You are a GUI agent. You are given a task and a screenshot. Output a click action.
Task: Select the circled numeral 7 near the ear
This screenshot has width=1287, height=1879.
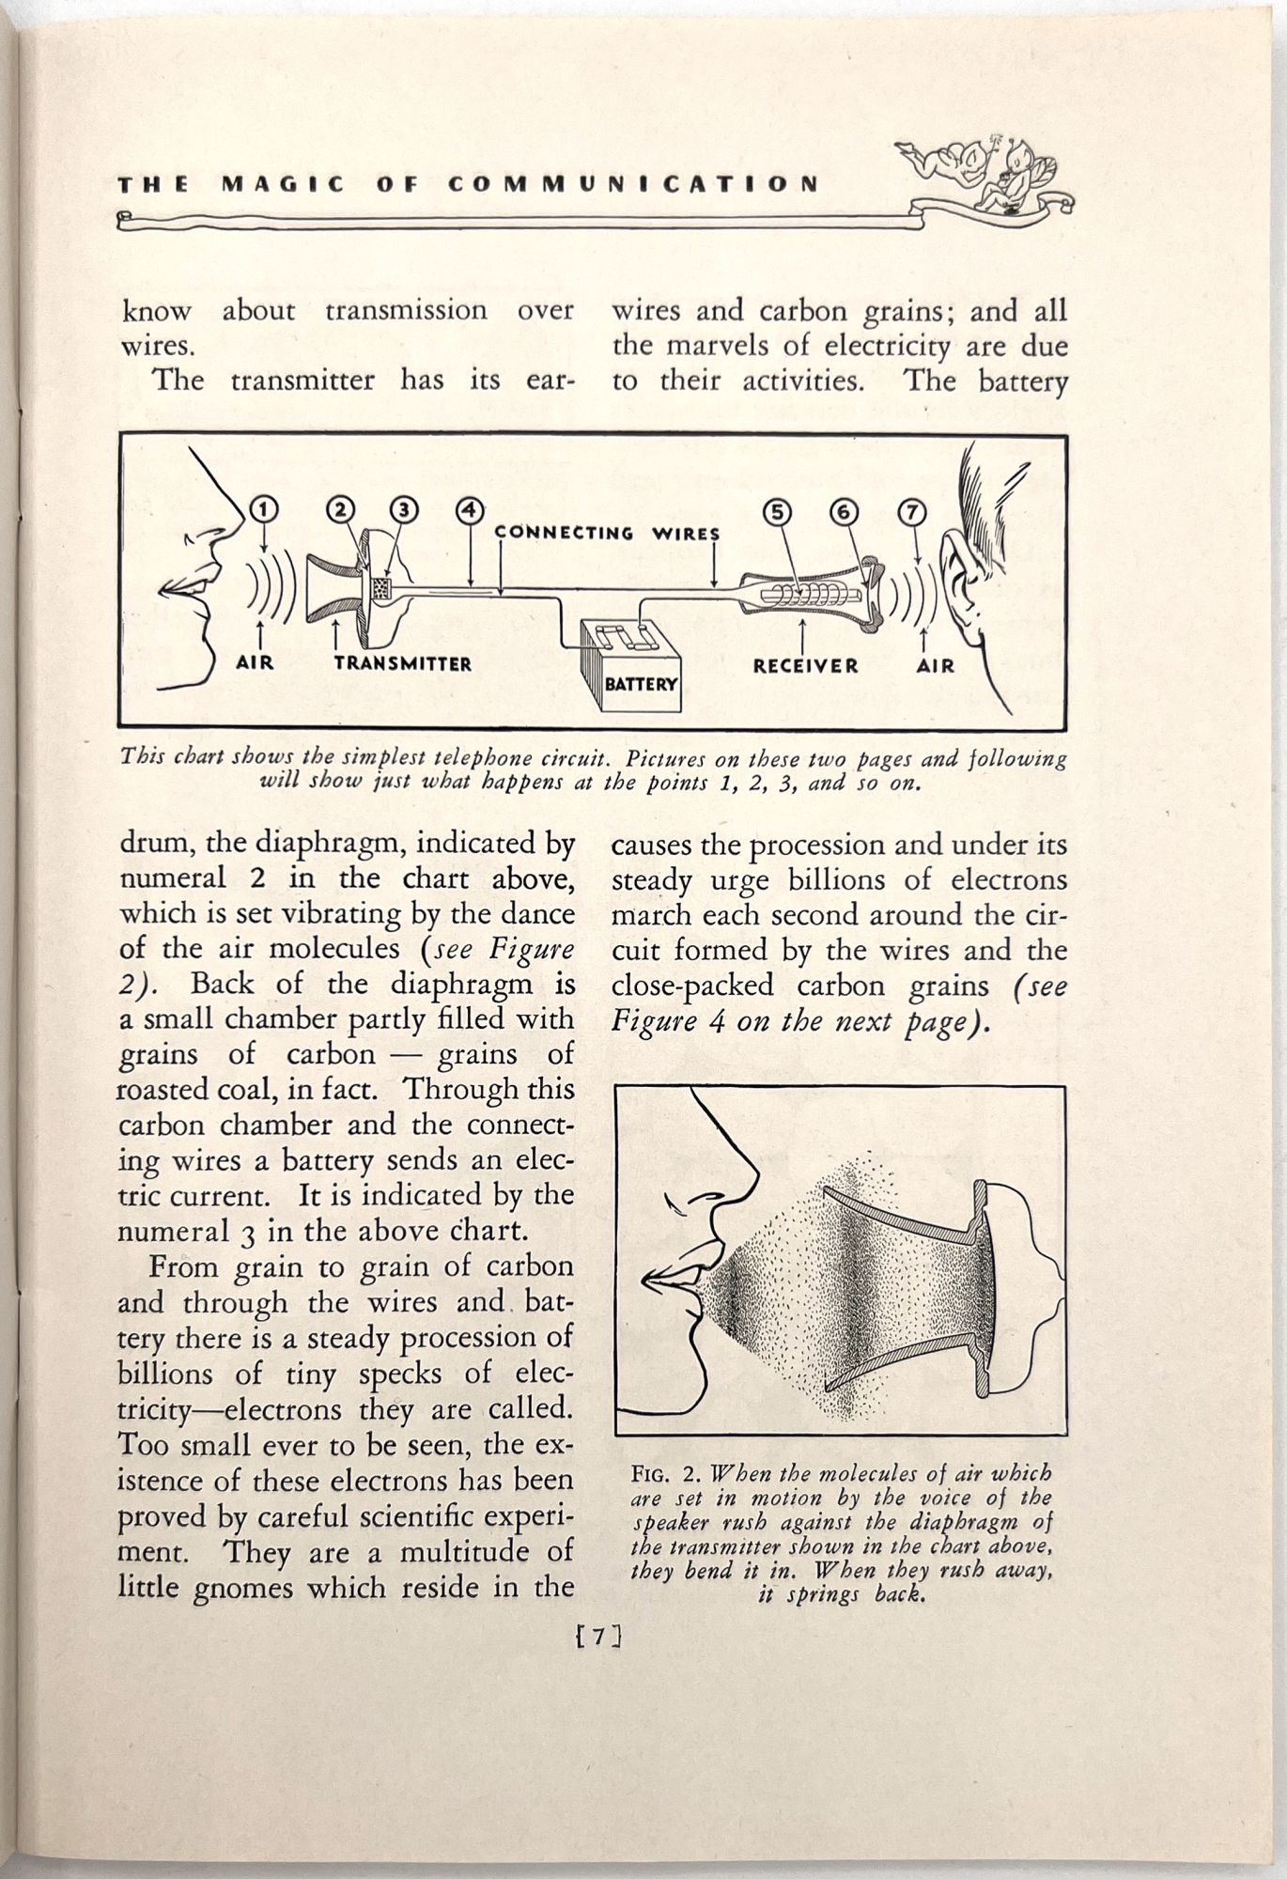tap(912, 513)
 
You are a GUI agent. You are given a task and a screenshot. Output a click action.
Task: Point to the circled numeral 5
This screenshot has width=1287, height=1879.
tap(779, 513)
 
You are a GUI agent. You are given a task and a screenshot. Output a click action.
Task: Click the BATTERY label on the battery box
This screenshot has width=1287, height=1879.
tap(641, 683)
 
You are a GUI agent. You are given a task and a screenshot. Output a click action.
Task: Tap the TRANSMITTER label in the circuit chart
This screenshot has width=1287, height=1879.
tap(402, 663)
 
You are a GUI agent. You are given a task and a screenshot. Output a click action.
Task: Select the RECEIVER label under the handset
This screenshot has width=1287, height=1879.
tap(805, 665)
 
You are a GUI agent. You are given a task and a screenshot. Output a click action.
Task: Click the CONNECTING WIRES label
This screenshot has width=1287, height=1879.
tap(607, 533)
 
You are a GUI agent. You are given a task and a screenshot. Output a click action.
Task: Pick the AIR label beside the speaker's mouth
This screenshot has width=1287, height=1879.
tap(255, 662)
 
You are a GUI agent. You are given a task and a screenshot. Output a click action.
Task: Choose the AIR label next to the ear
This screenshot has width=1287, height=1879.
tap(935, 665)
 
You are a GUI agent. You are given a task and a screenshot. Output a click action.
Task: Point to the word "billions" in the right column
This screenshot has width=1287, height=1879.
tap(854, 879)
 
